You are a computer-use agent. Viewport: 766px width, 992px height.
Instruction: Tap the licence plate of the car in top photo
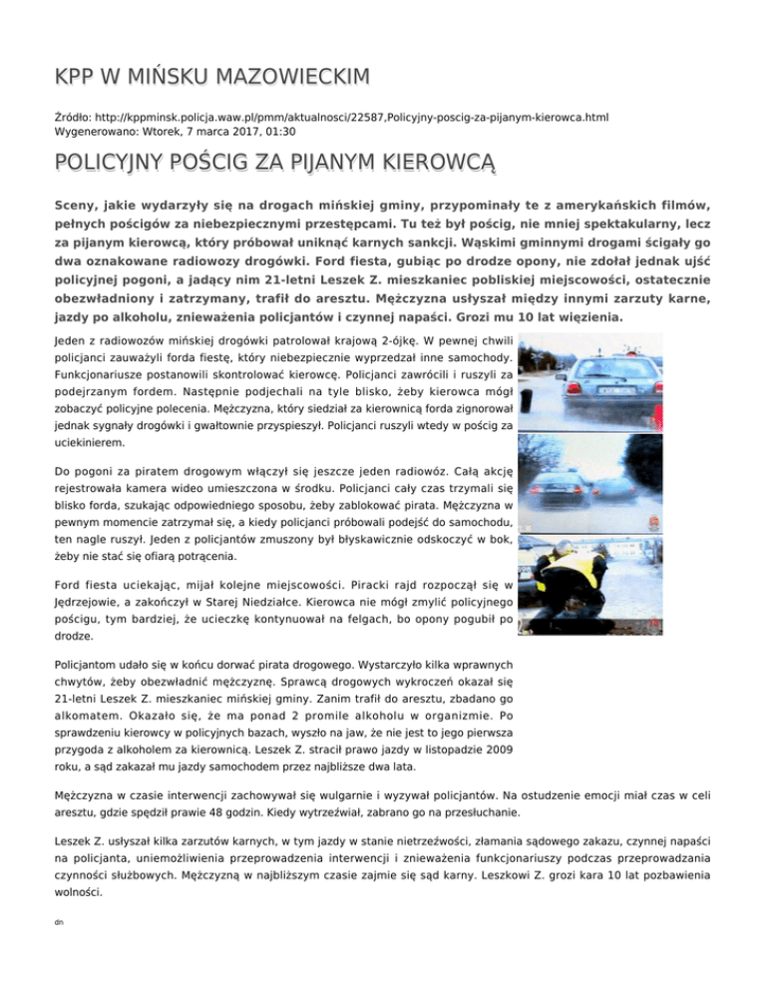click(x=592, y=409)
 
